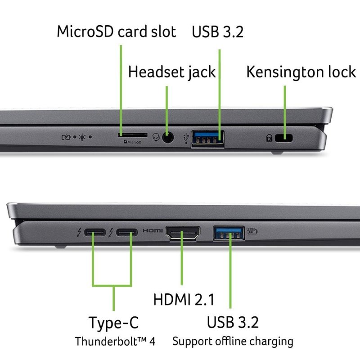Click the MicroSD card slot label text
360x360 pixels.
116,32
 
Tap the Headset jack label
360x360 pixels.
172,72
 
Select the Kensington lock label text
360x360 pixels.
301,72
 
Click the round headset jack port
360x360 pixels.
168,138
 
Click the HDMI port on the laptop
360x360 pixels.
184,233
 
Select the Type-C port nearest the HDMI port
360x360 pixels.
126,233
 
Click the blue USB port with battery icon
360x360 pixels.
229,233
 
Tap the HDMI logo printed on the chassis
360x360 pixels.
153,231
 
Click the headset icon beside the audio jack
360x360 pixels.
156,137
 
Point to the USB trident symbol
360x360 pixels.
188,137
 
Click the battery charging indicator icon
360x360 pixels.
66,135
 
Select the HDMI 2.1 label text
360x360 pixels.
184,300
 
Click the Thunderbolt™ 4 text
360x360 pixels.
115,341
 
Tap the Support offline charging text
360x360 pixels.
233,341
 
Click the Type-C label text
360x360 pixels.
113,322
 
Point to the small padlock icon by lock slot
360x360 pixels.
269,138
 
